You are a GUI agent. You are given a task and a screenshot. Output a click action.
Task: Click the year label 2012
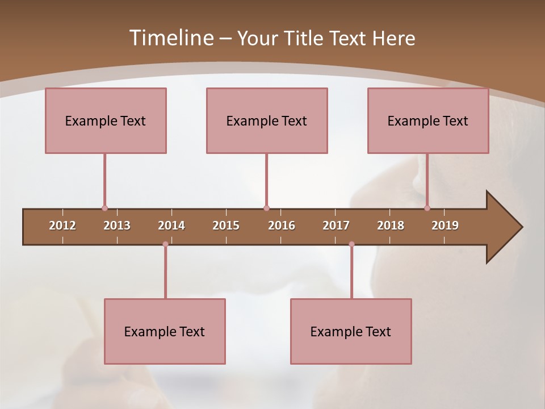click(62, 226)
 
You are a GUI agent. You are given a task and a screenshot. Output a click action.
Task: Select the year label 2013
click(117, 226)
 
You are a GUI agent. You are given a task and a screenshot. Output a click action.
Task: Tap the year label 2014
click(171, 226)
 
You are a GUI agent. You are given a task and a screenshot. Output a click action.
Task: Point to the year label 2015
click(226, 226)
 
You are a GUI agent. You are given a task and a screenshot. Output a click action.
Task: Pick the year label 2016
click(282, 226)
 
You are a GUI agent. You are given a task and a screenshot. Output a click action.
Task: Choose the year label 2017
click(336, 226)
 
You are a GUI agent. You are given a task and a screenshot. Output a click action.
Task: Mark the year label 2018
click(391, 226)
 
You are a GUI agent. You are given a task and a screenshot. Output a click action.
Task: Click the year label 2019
click(445, 226)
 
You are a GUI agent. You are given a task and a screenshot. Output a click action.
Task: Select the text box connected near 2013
click(106, 120)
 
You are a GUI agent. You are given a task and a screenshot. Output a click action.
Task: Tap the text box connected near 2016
click(267, 120)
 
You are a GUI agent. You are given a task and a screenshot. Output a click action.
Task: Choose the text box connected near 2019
click(428, 120)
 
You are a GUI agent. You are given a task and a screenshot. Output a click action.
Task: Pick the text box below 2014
click(165, 331)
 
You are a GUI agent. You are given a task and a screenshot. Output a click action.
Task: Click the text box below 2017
click(351, 331)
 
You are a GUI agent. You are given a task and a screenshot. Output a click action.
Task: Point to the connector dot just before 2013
click(104, 208)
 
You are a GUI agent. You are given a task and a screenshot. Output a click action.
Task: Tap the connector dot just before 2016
click(266, 208)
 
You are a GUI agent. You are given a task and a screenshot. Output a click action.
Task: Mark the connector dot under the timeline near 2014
click(165, 244)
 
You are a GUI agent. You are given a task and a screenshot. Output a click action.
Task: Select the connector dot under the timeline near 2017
click(351, 244)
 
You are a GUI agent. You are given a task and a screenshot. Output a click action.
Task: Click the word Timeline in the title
click(171, 38)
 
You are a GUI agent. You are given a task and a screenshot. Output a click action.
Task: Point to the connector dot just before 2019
click(427, 208)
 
